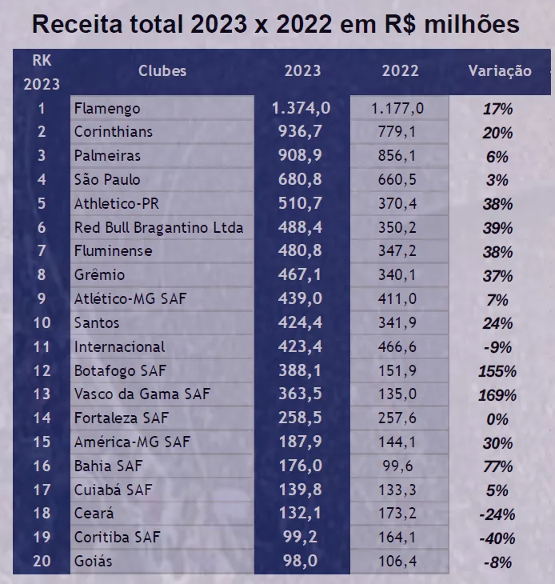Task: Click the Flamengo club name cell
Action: click(107, 108)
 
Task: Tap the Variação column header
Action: click(499, 71)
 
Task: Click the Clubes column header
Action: click(162, 70)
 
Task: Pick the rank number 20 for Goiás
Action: click(42, 561)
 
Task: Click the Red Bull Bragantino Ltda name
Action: click(158, 227)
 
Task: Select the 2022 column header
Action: click(400, 70)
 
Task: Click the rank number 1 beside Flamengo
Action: click(42, 108)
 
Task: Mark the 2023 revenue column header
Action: click(302, 70)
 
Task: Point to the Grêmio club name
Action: click(99, 274)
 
